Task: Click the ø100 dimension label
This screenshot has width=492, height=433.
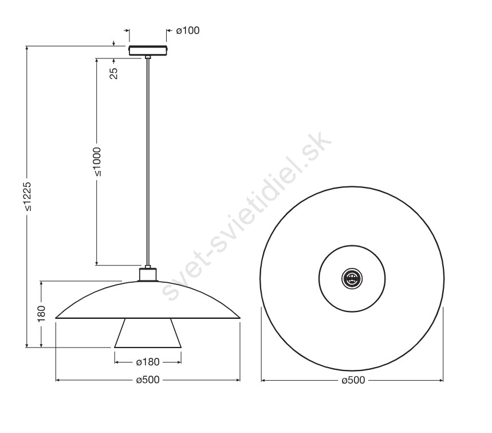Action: pos(188,30)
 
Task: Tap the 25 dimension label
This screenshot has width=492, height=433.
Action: pos(114,73)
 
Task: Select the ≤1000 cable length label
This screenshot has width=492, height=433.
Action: pos(97,161)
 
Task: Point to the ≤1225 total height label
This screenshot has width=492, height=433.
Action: pos(27,196)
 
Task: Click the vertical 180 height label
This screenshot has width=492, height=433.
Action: pos(41,313)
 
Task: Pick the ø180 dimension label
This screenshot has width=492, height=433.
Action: pos(148,362)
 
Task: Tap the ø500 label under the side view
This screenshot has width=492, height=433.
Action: pos(148,380)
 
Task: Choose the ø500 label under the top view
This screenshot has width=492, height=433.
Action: pos(353,380)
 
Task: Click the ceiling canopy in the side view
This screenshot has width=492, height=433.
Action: pos(148,50)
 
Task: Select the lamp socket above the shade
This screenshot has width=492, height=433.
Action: pos(148,274)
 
